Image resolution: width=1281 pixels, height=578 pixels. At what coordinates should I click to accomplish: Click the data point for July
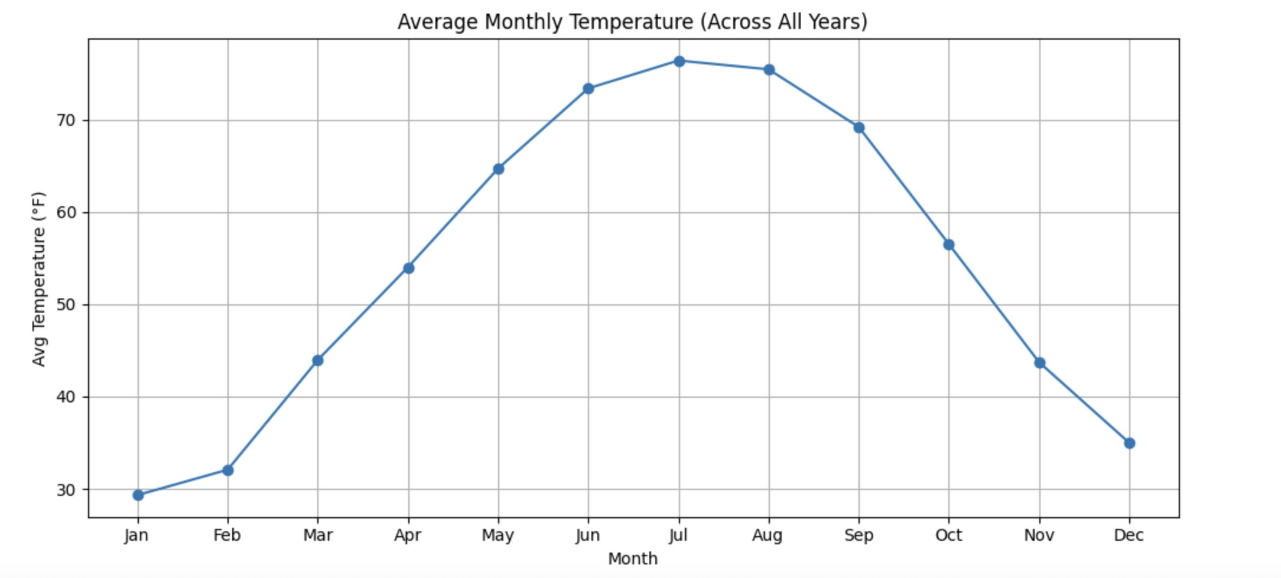679,61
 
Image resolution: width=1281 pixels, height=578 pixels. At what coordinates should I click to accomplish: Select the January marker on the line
138,495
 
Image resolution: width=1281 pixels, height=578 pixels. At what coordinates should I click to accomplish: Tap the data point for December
1129,443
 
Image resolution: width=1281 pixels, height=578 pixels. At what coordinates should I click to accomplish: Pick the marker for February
228,470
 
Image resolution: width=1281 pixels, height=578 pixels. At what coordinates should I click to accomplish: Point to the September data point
859,128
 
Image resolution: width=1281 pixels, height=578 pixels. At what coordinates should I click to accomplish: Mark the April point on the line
408,268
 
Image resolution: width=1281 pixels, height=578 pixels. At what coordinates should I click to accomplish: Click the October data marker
949,245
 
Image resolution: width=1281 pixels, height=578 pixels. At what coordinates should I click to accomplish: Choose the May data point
499,169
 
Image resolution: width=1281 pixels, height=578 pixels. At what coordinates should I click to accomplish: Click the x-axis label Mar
318,535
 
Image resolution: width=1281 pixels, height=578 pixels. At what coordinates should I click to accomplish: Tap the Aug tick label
768,535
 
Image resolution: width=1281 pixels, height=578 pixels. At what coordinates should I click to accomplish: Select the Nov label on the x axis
1039,535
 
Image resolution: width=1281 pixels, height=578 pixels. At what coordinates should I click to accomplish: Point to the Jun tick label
588,535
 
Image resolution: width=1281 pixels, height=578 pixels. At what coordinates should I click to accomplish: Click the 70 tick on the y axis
66,121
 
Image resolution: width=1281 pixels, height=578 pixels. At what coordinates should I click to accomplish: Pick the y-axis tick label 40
66,397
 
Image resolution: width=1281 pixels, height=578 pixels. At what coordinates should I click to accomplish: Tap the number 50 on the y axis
66,305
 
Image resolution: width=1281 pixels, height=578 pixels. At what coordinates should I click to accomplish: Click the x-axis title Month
633,559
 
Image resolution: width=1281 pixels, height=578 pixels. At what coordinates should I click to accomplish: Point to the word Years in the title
834,22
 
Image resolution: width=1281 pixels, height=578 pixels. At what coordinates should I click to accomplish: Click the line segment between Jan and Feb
183,483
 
